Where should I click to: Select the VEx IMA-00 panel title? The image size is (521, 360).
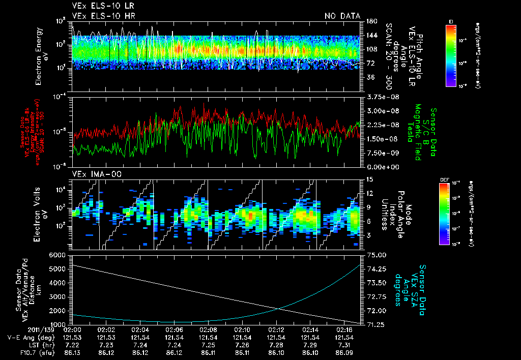click(x=94, y=174)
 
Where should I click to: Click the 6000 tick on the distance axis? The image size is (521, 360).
click(x=58, y=255)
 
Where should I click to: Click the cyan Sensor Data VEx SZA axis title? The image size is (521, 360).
click(x=415, y=290)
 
